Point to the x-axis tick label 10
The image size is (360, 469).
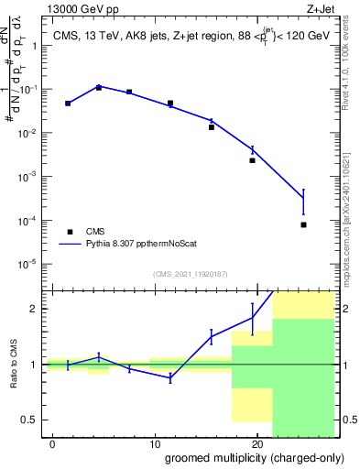(154, 442)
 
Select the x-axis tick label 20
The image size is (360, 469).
(256, 442)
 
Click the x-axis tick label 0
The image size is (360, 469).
(52, 442)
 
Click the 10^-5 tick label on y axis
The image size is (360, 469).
(29, 264)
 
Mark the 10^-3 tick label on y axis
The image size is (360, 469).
(29, 176)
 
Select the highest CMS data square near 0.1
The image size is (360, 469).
(98, 88)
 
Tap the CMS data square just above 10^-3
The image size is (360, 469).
(252, 160)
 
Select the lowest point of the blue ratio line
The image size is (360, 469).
(170, 378)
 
